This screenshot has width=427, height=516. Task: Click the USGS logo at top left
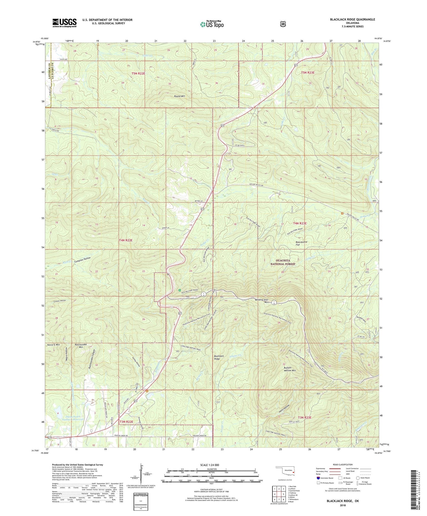[x=64, y=23]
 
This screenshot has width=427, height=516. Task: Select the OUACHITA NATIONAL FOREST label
[x=283, y=262]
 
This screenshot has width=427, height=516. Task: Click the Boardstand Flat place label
[x=301, y=243]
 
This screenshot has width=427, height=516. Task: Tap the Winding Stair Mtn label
[x=262, y=301]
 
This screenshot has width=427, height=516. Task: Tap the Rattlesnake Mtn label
[x=81, y=346]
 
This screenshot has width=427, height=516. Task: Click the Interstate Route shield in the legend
[x=318, y=478]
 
